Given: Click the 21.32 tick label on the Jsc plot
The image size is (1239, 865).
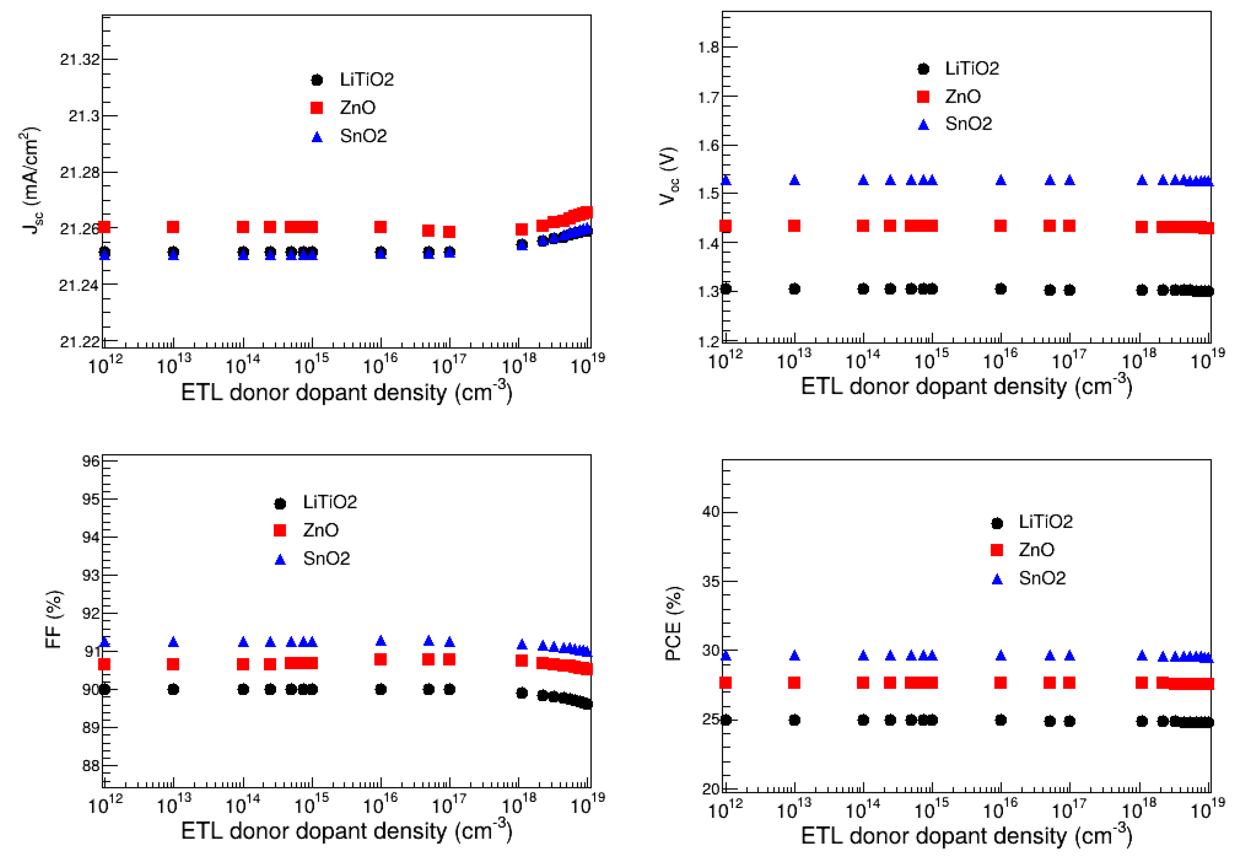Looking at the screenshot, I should (x=80, y=59).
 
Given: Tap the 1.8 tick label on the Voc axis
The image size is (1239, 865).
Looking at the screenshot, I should (x=709, y=48).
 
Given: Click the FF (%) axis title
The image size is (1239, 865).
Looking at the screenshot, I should (x=54, y=619).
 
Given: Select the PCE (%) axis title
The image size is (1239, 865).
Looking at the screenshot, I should (x=674, y=624).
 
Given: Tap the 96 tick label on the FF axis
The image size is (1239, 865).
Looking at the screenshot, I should (x=91, y=461).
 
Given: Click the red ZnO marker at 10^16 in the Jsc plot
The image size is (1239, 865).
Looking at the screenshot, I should (x=380, y=227).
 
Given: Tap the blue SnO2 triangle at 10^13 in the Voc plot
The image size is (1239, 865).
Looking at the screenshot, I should (x=794, y=180).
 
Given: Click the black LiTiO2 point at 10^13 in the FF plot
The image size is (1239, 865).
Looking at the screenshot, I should (x=173, y=690).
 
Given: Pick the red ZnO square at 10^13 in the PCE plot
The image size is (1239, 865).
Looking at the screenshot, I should (x=794, y=683).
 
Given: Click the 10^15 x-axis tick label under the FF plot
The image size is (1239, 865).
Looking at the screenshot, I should (x=311, y=805).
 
